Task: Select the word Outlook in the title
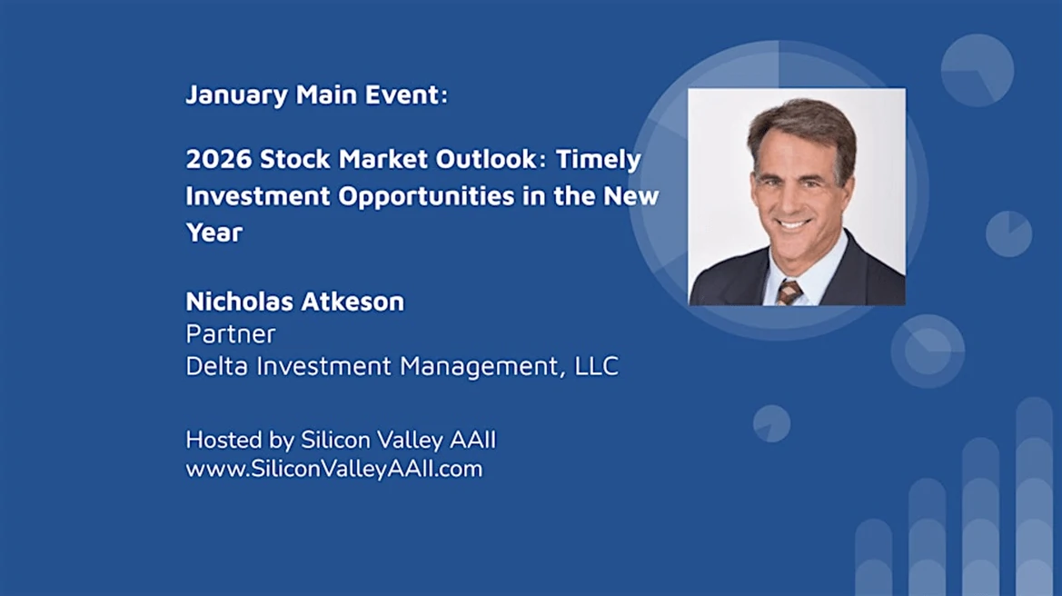(486, 159)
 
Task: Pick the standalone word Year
(214, 233)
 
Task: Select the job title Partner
(230, 334)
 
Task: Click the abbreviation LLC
(596, 366)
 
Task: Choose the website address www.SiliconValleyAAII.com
(334, 469)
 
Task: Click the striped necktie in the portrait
(789, 292)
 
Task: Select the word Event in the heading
(406, 94)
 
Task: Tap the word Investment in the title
(259, 195)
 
